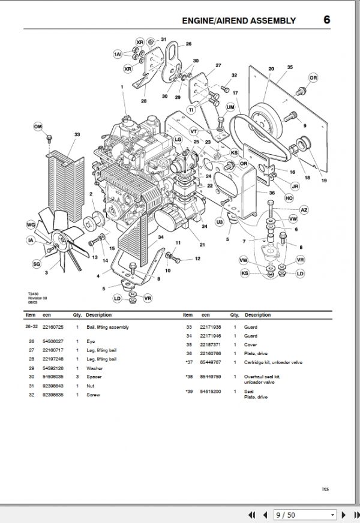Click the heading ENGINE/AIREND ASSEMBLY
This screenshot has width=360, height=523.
[239, 20]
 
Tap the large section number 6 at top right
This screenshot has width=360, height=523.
[326, 19]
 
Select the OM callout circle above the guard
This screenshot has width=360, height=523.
[38, 127]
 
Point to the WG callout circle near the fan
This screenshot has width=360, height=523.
[31, 224]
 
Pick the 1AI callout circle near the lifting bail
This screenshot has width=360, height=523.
[118, 55]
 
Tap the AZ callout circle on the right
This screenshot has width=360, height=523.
[304, 209]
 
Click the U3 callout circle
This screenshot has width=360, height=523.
[220, 223]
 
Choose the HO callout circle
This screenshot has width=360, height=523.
[289, 197]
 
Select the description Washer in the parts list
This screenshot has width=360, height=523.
[94, 368]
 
